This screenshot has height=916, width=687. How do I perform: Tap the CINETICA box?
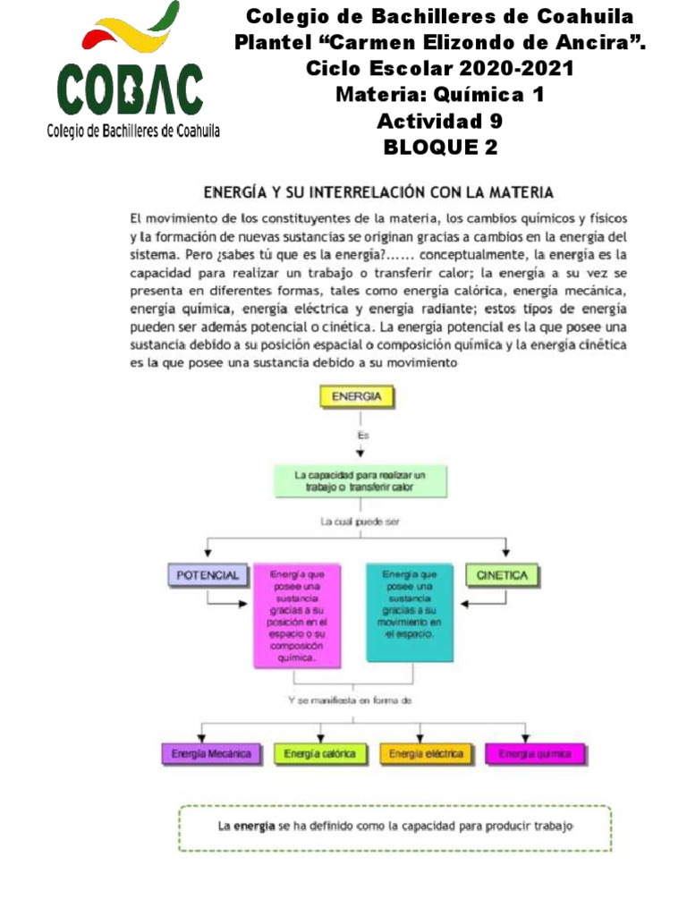tap(502, 575)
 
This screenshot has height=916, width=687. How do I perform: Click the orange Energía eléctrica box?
tap(427, 754)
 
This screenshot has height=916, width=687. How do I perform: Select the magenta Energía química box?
tap(535, 754)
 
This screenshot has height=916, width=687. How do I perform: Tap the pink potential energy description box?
tap(298, 615)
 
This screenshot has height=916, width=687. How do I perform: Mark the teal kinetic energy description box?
tap(408, 604)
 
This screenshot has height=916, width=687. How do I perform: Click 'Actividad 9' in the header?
tap(439, 121)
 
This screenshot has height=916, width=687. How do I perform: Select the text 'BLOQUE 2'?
tap(439, 148)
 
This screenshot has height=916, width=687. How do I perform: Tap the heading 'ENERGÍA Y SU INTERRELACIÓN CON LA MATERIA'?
tap(378, 192)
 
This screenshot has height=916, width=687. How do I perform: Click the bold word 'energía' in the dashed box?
tap(253, 827)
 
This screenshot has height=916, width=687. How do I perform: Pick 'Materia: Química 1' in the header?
tap(439, 95)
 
